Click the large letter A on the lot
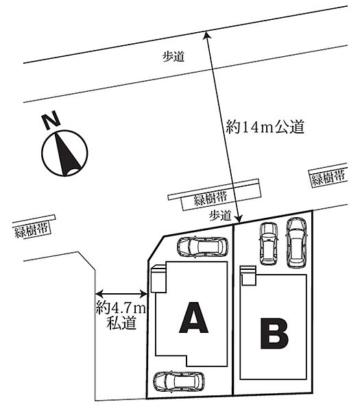click(193, 317)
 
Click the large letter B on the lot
click(274, 334)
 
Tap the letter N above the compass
click(51, 120)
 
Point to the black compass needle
click(66, 154)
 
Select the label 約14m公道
click(265, 127)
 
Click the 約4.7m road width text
click(121, 307)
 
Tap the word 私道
click(121, 323)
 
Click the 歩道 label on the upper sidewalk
click(173, 56)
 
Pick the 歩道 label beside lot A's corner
click(220, 216)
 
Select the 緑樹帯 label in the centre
click(211, 199)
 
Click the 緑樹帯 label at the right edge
click(328, 178)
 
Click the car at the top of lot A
click(202, 247)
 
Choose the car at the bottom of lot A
click(179, 382)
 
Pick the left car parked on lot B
click(269, 243)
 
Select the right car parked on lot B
click(296, 242)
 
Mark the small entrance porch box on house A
click(158, 278)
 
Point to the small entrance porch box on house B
click(248, 275)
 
